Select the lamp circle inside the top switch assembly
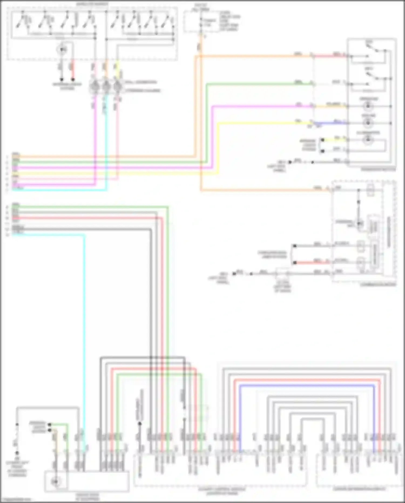coord(62,50)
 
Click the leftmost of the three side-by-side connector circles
coord(94,87)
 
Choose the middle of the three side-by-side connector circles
coord(106,87)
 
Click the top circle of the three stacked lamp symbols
coord(367,106)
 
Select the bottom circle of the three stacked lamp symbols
coord(367,140)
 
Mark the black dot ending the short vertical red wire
coord(73,80)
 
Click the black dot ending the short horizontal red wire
coord(295,262)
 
